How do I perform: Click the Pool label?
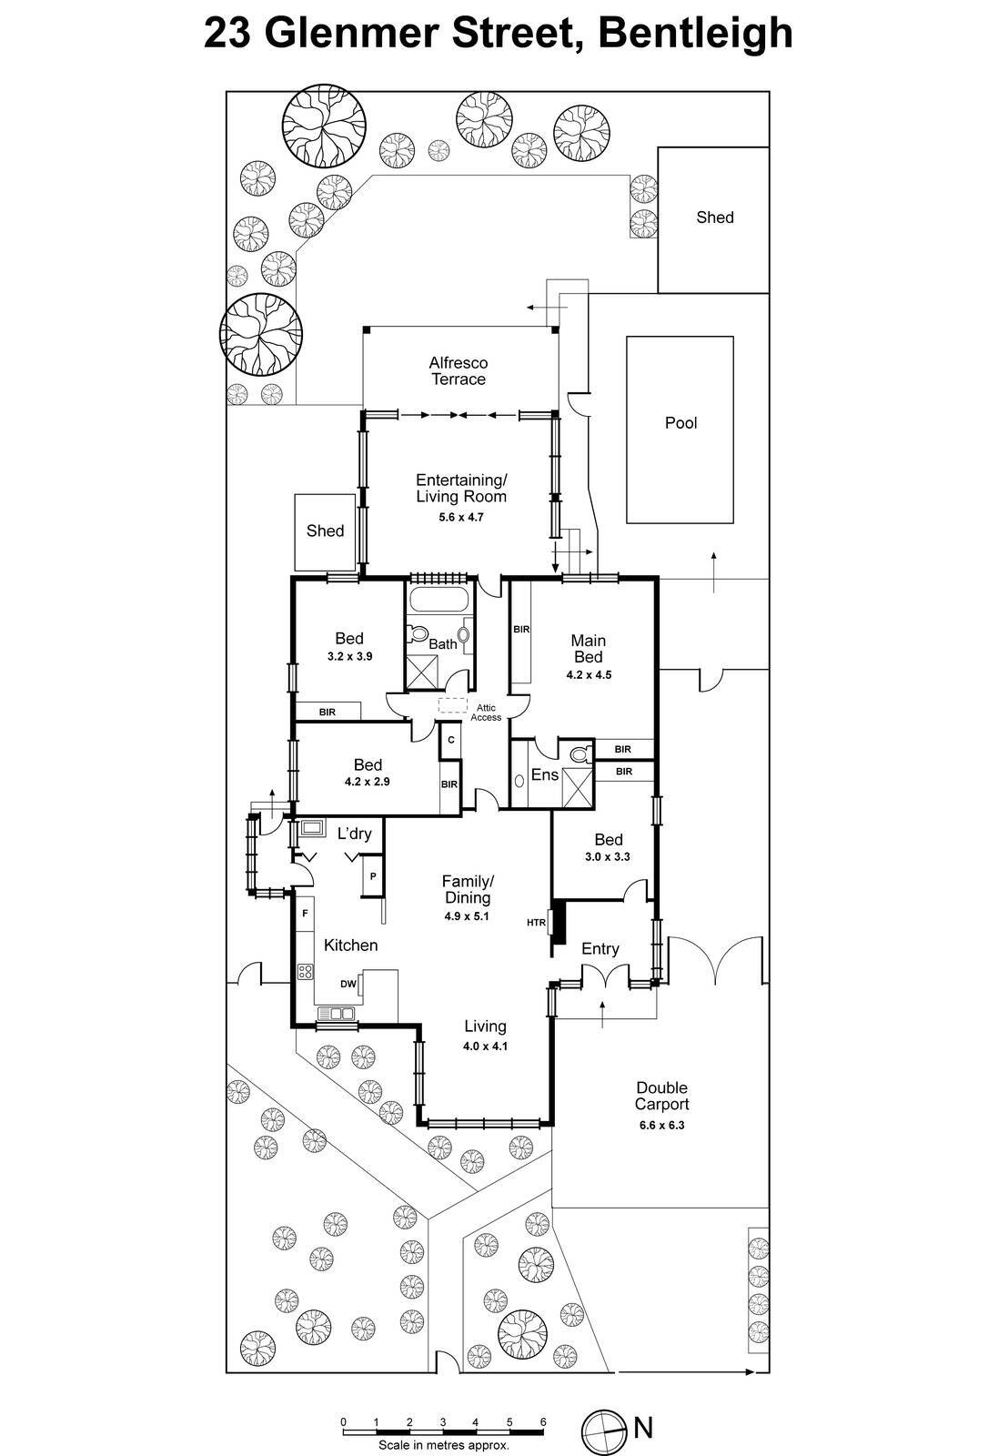pyautogui.click(x=680, y=423)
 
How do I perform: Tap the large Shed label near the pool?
pyautogui.click(x=714, y=217)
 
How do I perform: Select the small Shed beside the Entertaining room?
pyautogui.click(x=325, y=531)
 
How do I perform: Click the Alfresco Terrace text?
pyautogui.click(x=458, y=371)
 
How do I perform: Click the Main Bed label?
pyautogui.click(x=588, y=648)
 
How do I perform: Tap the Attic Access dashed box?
pyautogui.click(x=452, y=705)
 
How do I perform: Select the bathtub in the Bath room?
pyautogui.click(x=440, y=600)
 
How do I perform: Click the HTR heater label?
pyautogui.click(x=536, y=923)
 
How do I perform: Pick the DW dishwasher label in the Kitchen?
pyautogui.click(x=348, y=984)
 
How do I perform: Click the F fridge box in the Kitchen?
pyautogui.click(x=305, y=912)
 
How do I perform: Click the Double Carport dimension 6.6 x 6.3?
pyautogui.click(x=661, y=1125)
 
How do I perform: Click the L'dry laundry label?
pyautogui.click(x=354, y=834)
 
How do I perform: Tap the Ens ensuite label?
pyautogui.click(x=544, y=774)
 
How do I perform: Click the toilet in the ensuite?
pyautogui.click(x=579, y=753)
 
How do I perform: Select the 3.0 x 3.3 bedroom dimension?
pyautogui.click(x=608, y=856)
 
